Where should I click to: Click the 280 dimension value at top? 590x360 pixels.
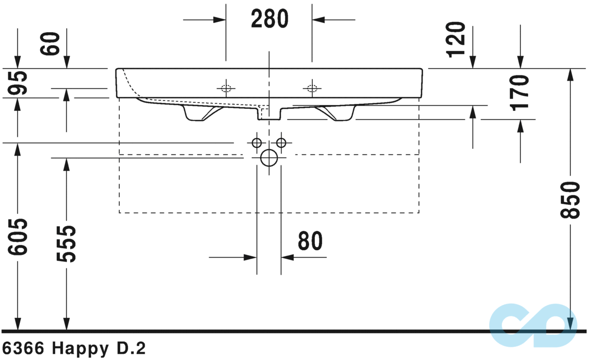(x=269, y=19)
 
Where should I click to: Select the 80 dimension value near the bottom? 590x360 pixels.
(x=310, y=241)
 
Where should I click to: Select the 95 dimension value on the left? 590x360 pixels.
(x=19, y=83)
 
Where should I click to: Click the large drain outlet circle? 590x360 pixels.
(x=269, y=157)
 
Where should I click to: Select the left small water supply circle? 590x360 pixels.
(x=256, y=142)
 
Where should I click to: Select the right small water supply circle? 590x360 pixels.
(x=281, y=142)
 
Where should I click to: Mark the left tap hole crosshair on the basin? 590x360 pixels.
(x=226, y=88)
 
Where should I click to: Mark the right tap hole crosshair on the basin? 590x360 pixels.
(x=312, y=88)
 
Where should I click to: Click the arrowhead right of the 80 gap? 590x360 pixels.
(x=288, y=257)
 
